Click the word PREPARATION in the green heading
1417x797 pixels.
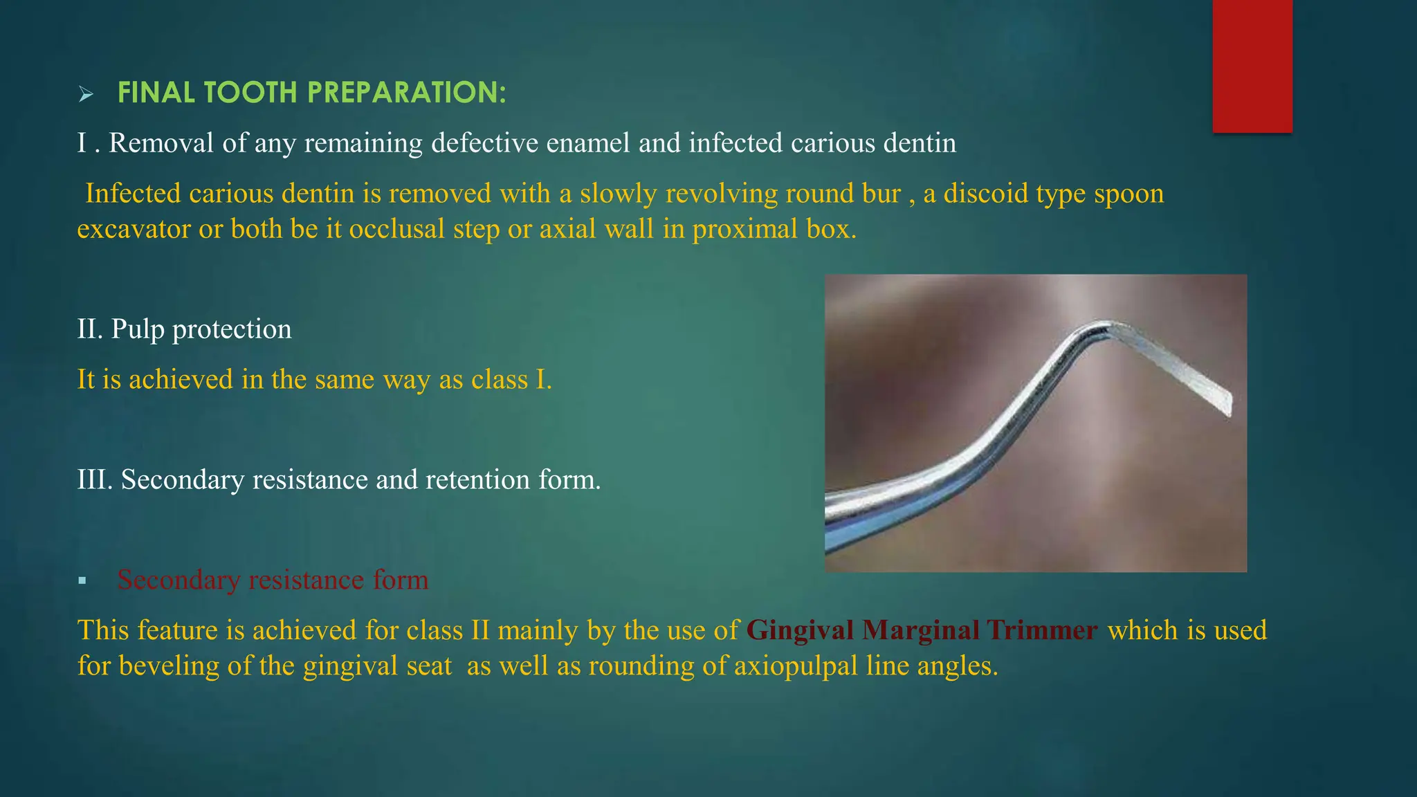pos(406,93)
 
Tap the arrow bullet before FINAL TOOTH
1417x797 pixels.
pos(86,94)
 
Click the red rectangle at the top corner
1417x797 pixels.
pos(1252,66)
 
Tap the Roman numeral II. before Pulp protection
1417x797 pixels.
pos(90,329)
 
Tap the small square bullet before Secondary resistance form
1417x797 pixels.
pos(82,580)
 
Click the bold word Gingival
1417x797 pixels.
pos(800,630)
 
